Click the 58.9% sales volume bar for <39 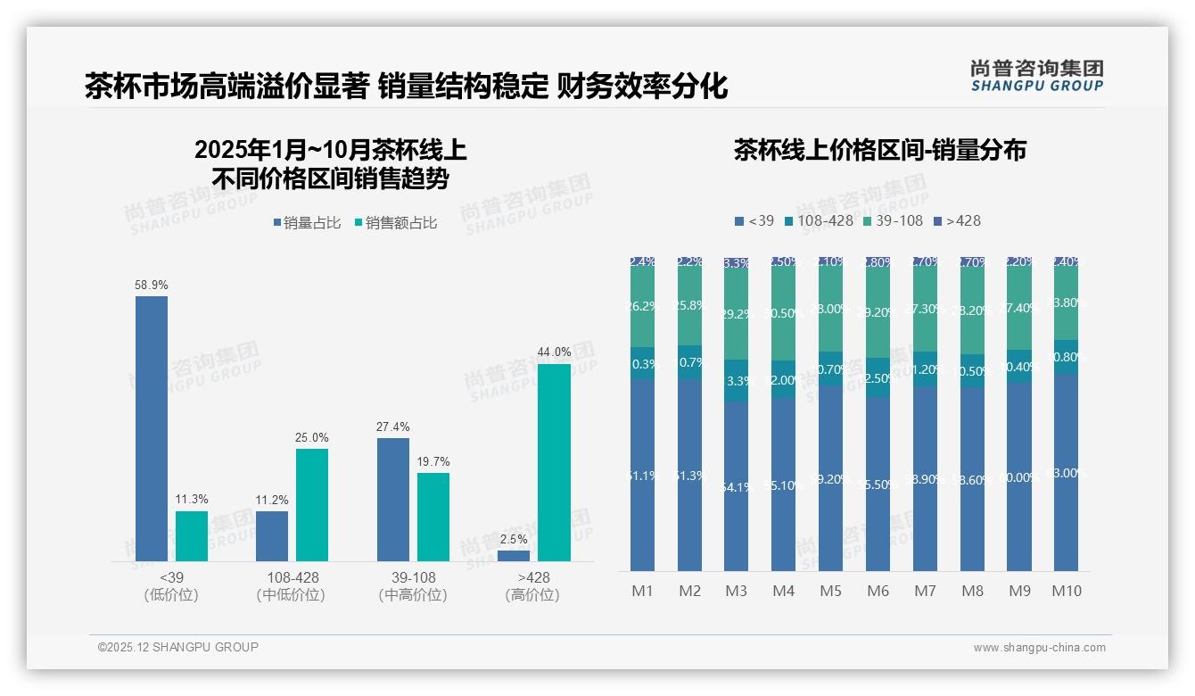(152, 428)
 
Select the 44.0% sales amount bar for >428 (554, 462)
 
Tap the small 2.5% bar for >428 (514, 556)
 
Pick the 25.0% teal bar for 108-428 (312, 504)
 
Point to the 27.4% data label (392, 427)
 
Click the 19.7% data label (433, 461)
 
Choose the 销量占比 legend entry (307, 223)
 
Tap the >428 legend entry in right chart (957, 220)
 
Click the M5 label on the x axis (830, 591)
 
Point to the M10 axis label (1066, 591)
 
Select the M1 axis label (642, 591)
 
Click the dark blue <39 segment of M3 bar (736, 486)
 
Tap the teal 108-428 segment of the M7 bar (925, 369)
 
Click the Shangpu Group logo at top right (1036, 75)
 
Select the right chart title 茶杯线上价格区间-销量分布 (879, 150)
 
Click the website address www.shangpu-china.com (1039, 648)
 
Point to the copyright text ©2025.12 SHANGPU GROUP (178, 647)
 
